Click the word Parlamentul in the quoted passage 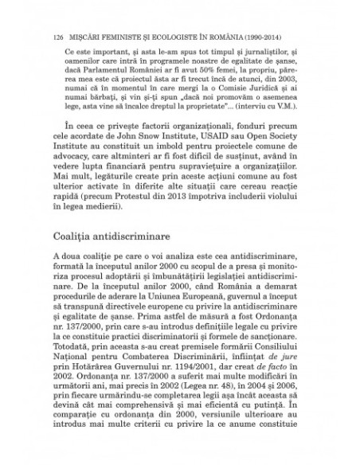pos(100,72)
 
